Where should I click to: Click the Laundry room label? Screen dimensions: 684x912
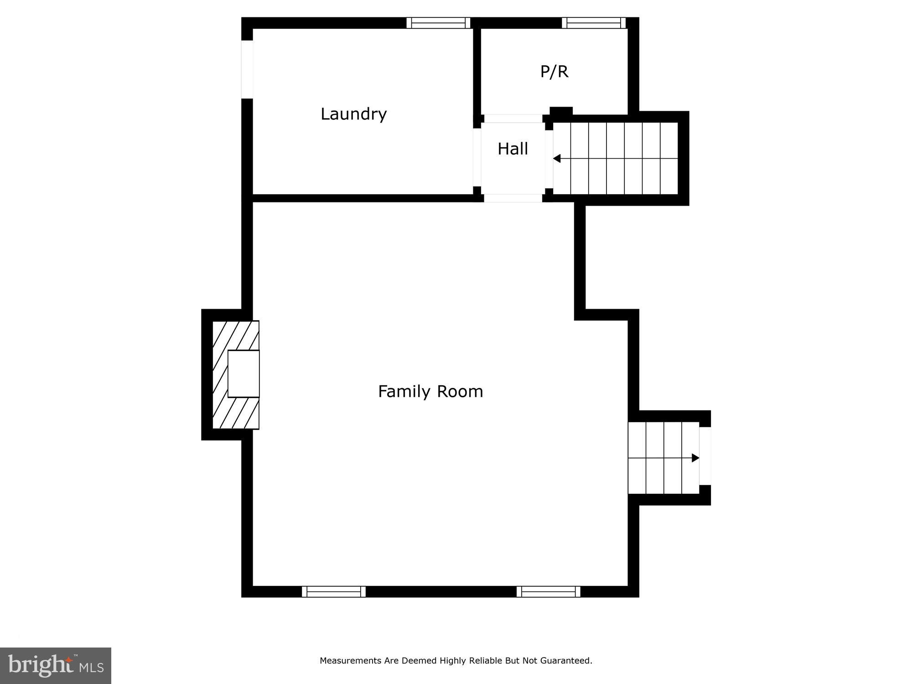click(353, 114)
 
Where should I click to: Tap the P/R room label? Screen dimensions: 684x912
click(554, 72)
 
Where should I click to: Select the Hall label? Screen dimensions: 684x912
click(513, 149)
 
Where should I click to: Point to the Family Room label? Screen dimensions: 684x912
click(430, 391)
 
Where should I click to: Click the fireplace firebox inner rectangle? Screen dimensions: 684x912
click(244, 373)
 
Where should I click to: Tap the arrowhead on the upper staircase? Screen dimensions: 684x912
click(557, 158)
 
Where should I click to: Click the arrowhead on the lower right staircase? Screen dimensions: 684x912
click(695, 458)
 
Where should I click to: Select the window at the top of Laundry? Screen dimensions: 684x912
click(438, 23)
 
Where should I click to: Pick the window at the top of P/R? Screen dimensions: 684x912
click(594, 23)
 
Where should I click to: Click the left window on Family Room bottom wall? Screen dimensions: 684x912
click(334, 592)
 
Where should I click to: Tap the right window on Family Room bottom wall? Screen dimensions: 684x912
click(549, 592)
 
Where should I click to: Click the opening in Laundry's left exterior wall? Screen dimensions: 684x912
click(247, 69)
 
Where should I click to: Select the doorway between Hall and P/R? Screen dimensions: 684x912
click(513, 119)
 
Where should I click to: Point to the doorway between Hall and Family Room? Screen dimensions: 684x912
click(513, 198)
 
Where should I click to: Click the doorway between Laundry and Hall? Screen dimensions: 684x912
click(477, 157)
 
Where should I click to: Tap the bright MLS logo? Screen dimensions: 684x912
click(56, 666)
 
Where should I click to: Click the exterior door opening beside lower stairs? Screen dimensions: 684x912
click(705, 456)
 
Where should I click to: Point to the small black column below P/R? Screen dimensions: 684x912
click(561, 111)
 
